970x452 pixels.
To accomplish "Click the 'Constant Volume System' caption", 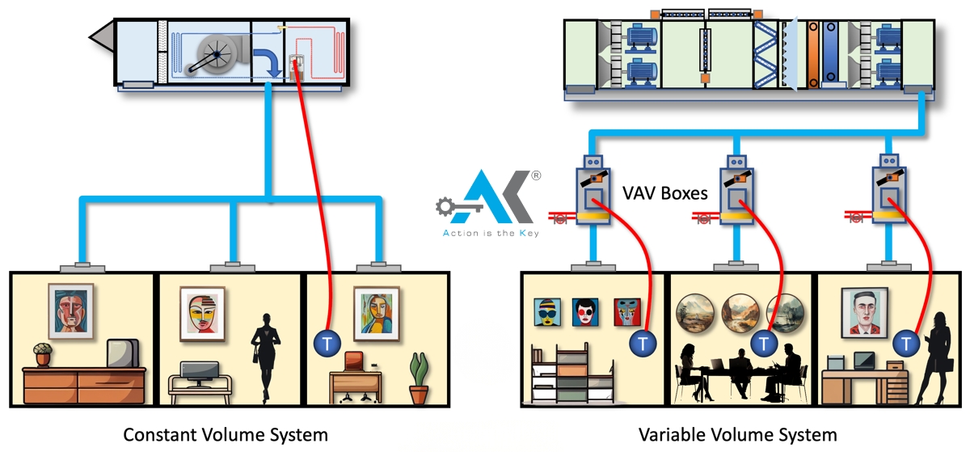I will click(226, 434).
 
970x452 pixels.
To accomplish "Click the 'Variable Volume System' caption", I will click(737, 434).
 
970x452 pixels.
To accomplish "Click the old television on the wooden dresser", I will click(122, 353).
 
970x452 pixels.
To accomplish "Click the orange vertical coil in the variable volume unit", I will click(811, 53).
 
